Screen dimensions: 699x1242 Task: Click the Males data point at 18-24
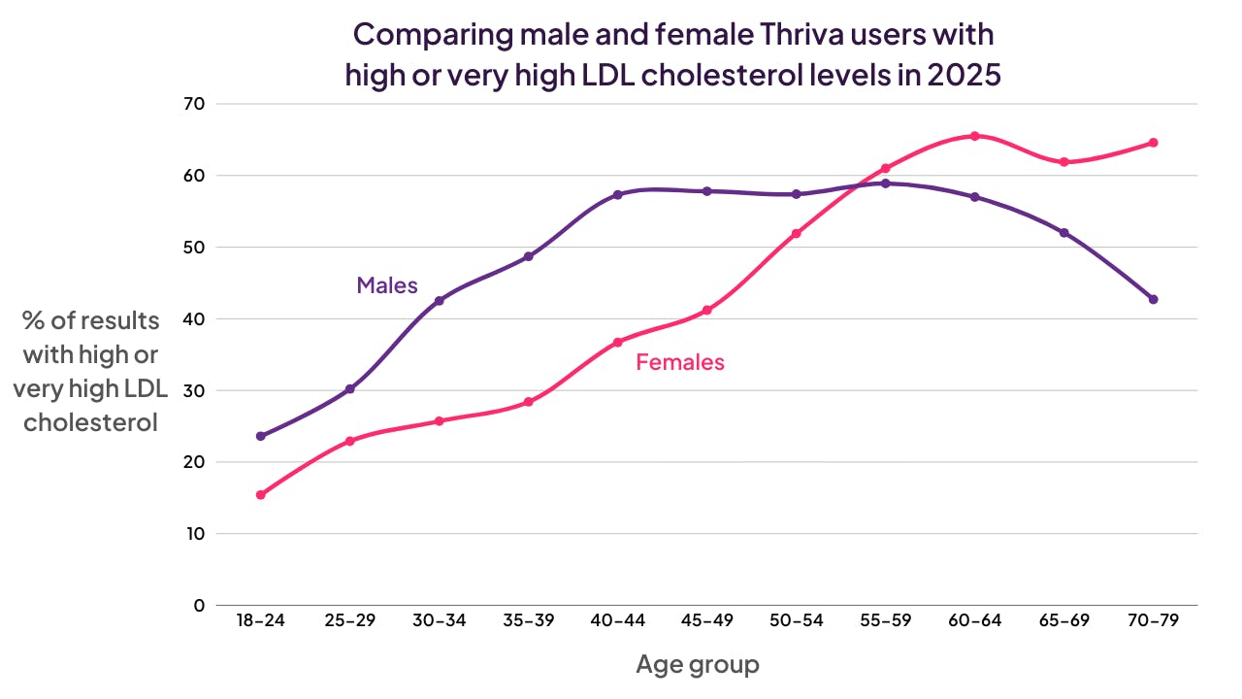(x=261, y=436)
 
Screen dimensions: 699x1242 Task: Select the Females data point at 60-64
(x=974, y=136)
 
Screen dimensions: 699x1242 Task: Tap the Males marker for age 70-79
(x=1153, y=299)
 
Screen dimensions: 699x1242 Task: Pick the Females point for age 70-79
(x=1153, y=143)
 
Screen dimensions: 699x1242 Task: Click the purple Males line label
(x=387, y=285)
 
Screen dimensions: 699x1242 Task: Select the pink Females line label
(x=680, y=363)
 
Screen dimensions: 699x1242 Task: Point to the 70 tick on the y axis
(x=195, y=104)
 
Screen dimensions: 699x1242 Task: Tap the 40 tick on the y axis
(x=195, y=318)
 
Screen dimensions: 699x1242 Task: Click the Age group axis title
(x=698, y=665)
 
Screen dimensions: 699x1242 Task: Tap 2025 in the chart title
(x=964, y=75)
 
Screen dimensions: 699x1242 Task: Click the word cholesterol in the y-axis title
(x=90, y=423)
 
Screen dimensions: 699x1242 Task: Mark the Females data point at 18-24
(x=261, y=495)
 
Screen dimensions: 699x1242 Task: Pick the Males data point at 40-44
(x=617, y=194)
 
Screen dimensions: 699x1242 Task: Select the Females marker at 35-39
(x=528, y=402)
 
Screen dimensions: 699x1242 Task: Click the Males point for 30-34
(x=439, y=301)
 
